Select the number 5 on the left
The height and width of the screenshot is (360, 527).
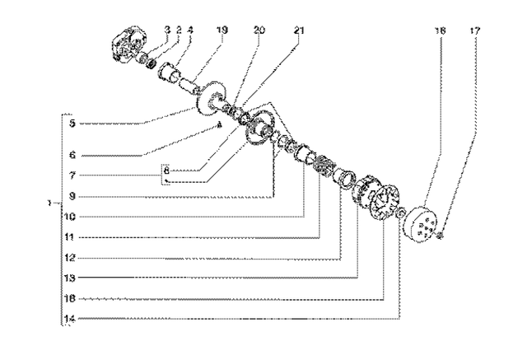pos(73,124)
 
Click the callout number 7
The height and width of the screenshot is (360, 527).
pos(73,175)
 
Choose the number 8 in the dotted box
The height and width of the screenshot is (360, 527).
pos(166,171)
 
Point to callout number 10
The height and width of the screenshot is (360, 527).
pos(73,217)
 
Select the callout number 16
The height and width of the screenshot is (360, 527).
pos(73,297)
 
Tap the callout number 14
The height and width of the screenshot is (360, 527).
pos(73,317)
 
